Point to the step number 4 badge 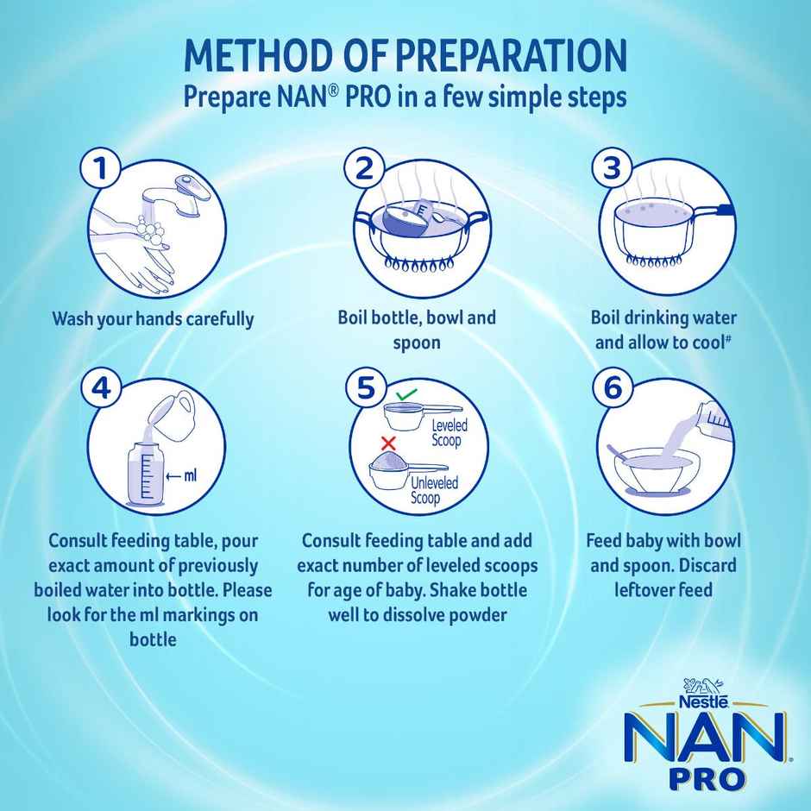pyautogui.click(x=102, y=389)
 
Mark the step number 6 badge pyautogui.click(x=612, y=389)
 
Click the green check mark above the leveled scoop pyautogui.click(x=405, y=395)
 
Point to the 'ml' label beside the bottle pyautogui.click(x=189, y=474)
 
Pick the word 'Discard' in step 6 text pyautogui.click(x=698, y=566)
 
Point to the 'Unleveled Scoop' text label pyautogui.click(x=436, y=490)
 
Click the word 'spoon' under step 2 pyautogui.click(x=417, y=343)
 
